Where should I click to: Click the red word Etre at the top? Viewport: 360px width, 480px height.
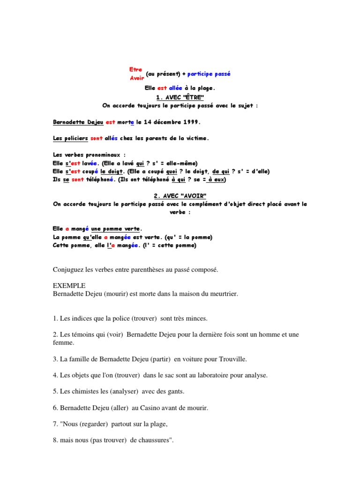(135, 69)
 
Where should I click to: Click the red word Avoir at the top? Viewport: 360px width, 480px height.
(137, 78)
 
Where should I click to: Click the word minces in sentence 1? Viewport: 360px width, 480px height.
(197, 318)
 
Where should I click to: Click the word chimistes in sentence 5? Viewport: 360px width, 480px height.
(84, 391)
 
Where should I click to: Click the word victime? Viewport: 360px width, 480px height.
(196, 138)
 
